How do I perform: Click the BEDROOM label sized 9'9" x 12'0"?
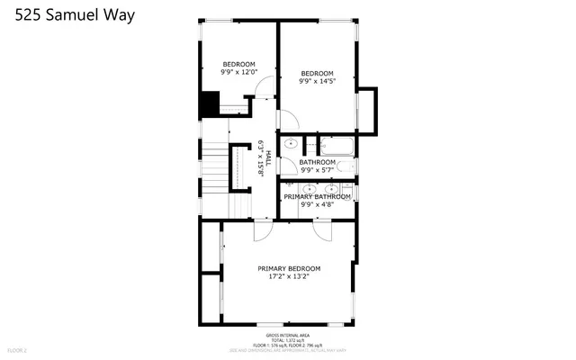pyautogui.click(x=240, y=67)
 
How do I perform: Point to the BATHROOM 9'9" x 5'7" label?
pyautogui.click(x=318, y=166)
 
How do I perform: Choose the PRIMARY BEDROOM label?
pyautogui.click(x=289, y=268)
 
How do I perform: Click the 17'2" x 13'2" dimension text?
pyautogui.click(x=289, y=277)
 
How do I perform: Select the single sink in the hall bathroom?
pyautogui.click(x=292, y=144)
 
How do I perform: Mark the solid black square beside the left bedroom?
pyautogui.click(x=210, y=103)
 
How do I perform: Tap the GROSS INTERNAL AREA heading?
pyautogui.click(x=288, y=334)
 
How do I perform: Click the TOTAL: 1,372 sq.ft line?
pyautogui.click(x=288, y=339)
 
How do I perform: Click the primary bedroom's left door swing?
pyautogui.click(x=263, y=230)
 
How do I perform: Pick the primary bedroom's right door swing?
pyautogui.click(x=322, y=230)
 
